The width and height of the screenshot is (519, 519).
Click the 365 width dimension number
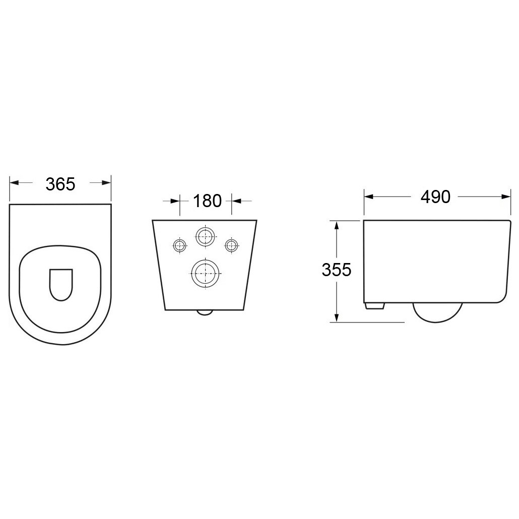coord(60,184)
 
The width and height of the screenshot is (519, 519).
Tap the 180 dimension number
coord(207,201)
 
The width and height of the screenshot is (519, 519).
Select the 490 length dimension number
coord(435,197)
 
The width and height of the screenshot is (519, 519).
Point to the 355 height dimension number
coord(336,270)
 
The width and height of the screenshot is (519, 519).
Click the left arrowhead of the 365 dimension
coord(14,182)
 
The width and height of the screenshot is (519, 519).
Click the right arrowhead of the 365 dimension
coord(106,182)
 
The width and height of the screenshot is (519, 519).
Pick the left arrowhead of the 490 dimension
coord(369,197)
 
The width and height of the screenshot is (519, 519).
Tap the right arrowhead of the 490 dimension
coord(506,197)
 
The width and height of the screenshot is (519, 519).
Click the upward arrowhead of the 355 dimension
coord(337,226)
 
